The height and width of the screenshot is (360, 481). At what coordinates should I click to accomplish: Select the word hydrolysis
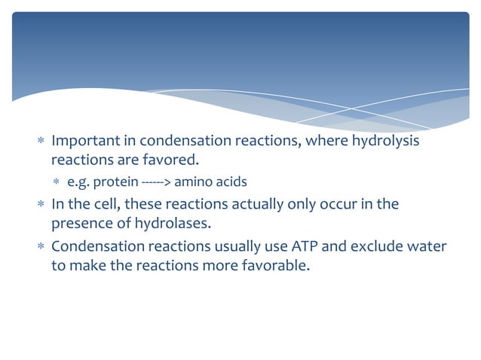point(384,142)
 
